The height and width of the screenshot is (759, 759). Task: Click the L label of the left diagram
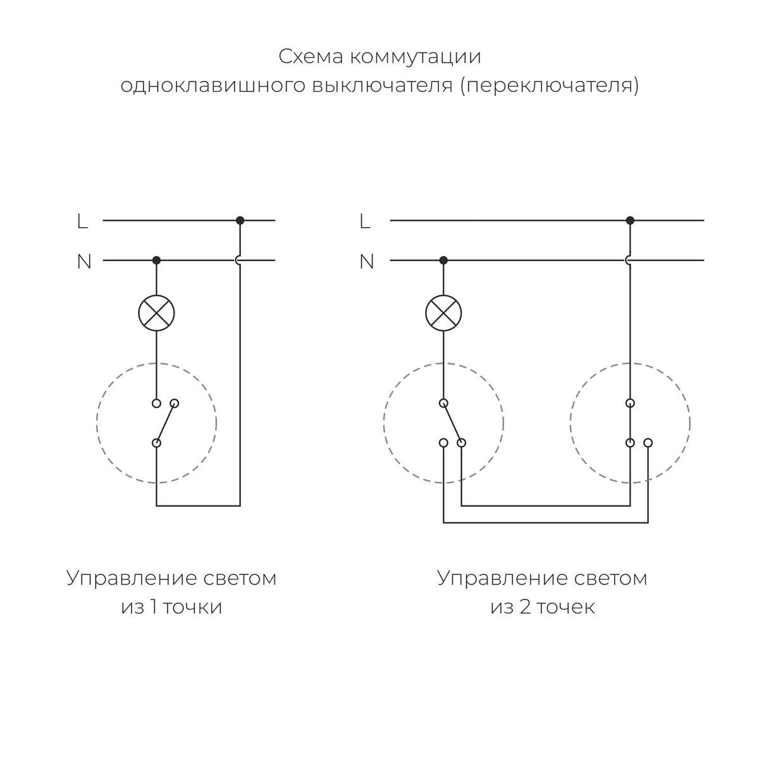coord(82,221)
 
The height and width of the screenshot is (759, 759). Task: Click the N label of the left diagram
coord(84,261)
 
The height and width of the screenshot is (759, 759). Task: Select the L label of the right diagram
coord(364,221)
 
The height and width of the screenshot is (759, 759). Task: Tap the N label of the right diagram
coord(367,261)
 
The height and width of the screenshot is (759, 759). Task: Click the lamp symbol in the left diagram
coord(156,312)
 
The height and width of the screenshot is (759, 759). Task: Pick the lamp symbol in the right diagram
coord(443,312)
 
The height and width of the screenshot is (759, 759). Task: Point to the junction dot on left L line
coord(240,220)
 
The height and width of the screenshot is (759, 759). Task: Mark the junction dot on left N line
coord(156,260)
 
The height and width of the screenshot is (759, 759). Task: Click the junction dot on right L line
coord(629,220)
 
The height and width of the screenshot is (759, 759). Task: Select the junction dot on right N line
coord(443,260)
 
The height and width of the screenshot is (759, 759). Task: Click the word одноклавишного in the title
coord(211,85)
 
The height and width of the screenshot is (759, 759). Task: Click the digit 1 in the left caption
coord(152,608)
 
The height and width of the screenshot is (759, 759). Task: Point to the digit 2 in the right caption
coord(526,608)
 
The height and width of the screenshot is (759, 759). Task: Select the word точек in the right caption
coord(566,608)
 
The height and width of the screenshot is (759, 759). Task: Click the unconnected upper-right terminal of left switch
coord(175,403)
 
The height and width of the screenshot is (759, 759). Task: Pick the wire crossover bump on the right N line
coord(628,260)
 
